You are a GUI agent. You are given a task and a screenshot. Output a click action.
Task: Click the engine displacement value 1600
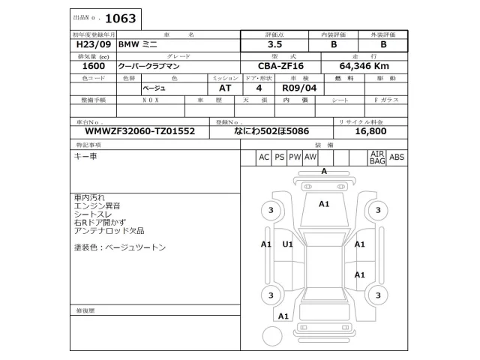(x=92, y=67)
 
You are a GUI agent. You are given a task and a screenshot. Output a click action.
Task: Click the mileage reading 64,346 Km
(x=364, y=67)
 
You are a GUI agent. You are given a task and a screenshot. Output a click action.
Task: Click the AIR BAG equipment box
(x=376, y=157)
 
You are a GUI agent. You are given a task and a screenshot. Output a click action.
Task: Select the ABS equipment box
(x=397, y=157)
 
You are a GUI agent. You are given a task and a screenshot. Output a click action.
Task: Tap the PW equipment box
(x=295, y=157)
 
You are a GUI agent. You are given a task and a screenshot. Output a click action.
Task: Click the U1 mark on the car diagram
(x=288, y=244)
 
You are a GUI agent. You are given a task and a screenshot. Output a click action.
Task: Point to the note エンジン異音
(x=97, y=205)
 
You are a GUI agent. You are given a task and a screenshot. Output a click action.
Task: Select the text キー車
(x=85, y=156)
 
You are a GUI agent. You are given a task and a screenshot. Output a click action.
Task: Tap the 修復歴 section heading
(x=85, y=310)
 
